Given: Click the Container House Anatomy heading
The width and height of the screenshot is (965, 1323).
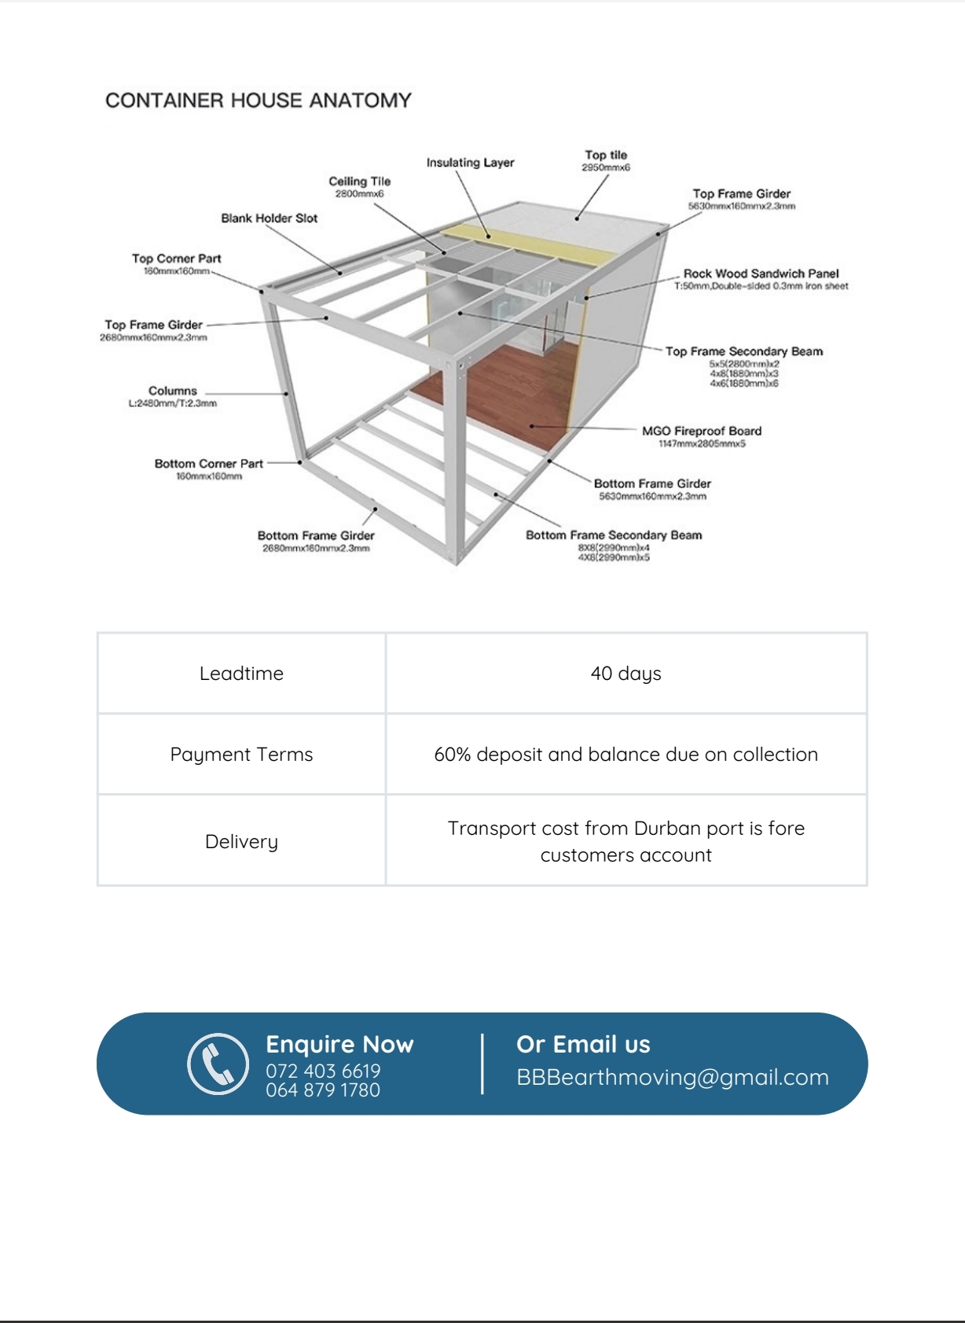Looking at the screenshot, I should click(x=259, y=101).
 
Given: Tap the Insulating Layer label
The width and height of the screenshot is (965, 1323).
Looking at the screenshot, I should click(x=470, y=163).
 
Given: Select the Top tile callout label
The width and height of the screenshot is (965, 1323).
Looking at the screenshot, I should click(x=606, y=156).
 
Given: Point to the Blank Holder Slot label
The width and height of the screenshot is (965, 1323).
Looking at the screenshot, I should click(x=269, y=219).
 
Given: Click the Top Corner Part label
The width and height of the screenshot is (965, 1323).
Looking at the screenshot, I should click(x=177, y=259).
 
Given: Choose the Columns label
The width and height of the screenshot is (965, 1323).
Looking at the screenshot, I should click(x=173, y=391).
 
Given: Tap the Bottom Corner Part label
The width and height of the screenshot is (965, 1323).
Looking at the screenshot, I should click(x=208, y=464).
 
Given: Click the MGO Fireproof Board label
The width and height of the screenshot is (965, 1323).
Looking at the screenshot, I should click(x=702, y=431).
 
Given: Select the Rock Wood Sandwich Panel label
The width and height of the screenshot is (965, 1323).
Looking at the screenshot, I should click(x=761, y=274).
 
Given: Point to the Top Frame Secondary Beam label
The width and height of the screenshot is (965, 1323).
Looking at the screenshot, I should click(x=744, y=351).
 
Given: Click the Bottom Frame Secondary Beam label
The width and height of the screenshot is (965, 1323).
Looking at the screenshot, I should click(x=614, y=535).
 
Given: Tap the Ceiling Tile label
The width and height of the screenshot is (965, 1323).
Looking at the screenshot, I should click(x=359, y=182).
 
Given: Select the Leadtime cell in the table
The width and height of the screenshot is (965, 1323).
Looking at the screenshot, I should click(x=241, y=674).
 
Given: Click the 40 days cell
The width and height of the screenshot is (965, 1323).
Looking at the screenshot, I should click(x=626, y=674).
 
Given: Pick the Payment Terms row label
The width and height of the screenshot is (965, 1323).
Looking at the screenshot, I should click(x=241, y=755).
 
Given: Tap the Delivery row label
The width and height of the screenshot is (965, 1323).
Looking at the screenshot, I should click(x=241, y=842).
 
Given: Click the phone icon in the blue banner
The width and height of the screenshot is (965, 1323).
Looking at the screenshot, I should click(x=218, y=1064).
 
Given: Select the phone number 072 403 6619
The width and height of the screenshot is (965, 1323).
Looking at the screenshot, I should click(x=323, y=1071).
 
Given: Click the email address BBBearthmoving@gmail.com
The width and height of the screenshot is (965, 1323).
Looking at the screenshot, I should click(x=673, y=1077).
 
